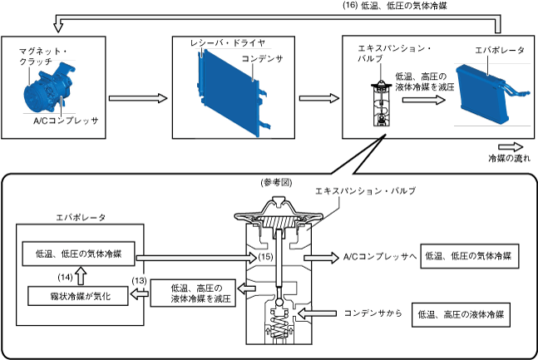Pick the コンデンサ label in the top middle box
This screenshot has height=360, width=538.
click(x=264, y=59)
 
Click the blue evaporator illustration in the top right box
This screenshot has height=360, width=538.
click(x=487, y=94)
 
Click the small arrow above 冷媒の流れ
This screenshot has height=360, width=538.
click(x=509, y=144)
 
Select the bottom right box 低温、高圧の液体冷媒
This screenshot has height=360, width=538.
click(x=461, y=316)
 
